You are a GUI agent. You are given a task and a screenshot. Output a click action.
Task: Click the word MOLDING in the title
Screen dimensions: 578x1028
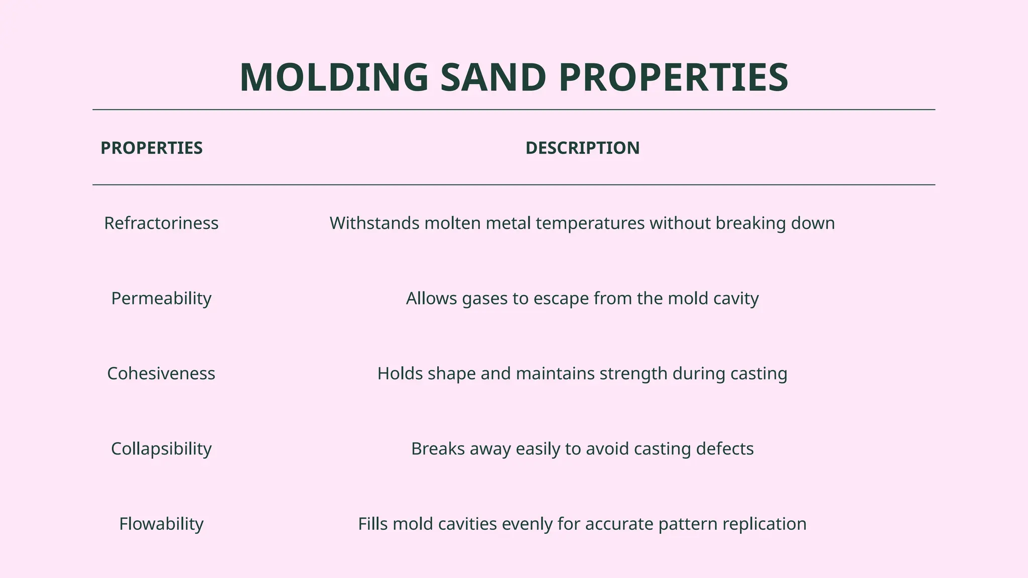334,78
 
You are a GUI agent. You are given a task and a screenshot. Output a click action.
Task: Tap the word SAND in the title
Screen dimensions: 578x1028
493,78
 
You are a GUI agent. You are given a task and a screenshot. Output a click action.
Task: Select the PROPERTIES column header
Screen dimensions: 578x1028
152,148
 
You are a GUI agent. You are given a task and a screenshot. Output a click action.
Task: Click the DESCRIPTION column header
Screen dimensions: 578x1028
582,148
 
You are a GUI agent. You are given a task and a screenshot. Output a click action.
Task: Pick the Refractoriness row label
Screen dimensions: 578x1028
161,223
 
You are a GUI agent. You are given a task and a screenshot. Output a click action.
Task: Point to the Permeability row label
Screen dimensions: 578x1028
161,299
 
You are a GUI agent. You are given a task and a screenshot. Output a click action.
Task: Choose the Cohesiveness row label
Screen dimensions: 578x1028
161,374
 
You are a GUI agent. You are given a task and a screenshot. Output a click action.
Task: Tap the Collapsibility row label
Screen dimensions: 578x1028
161,449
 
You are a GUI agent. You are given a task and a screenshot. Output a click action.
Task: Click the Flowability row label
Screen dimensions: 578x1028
161,524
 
